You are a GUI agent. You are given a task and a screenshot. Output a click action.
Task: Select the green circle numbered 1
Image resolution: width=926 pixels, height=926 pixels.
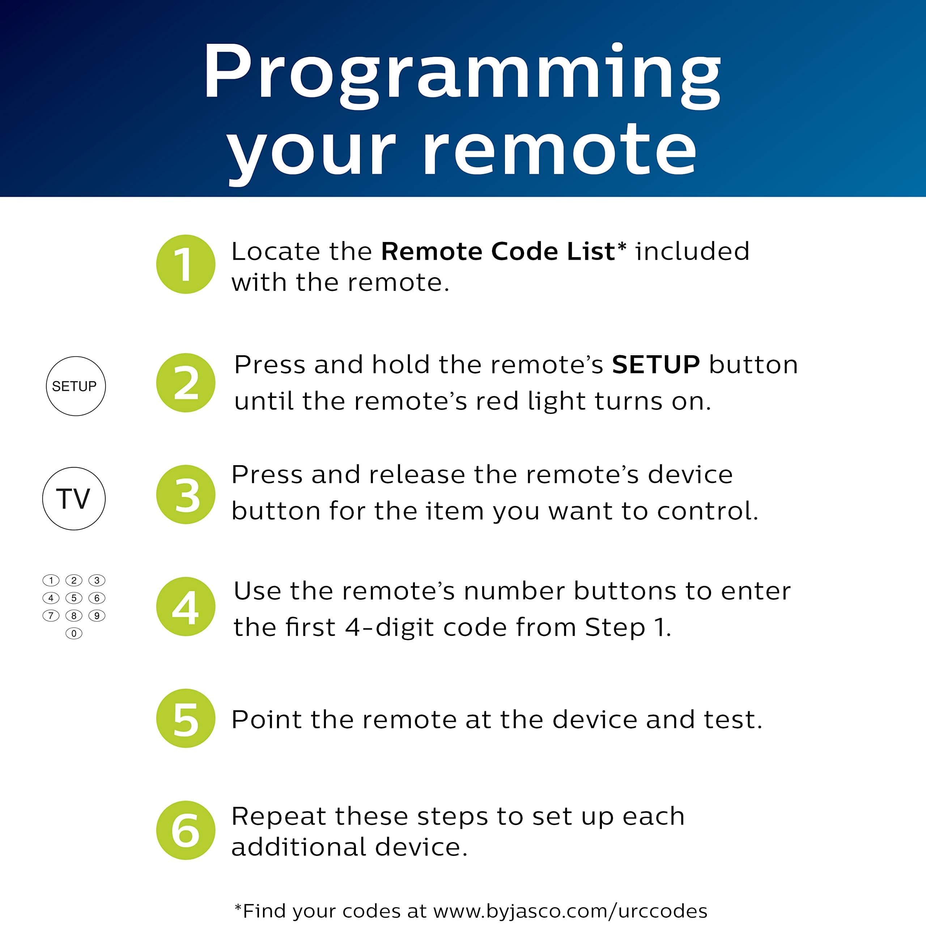point(186,264)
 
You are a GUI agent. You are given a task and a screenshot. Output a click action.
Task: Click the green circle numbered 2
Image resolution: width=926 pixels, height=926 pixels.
point(186,382)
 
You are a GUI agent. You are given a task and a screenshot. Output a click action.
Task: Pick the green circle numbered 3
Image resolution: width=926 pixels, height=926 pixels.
point(186,494)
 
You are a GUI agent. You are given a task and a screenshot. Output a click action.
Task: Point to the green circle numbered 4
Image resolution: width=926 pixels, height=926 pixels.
point(186,606)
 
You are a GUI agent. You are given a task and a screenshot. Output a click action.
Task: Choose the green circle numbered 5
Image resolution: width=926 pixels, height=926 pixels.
point(186,718)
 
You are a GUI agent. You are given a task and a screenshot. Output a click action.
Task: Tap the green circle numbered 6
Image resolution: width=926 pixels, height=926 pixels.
point(186,830)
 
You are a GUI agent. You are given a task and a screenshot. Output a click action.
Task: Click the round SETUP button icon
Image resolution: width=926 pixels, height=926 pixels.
point(75,386)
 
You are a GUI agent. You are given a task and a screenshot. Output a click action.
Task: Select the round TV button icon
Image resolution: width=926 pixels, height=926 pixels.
point(73,498)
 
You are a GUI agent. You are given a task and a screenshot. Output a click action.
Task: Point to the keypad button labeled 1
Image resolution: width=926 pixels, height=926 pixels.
point(51,581)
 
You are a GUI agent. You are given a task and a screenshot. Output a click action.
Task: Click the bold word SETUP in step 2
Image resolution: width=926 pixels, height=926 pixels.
point(656,365)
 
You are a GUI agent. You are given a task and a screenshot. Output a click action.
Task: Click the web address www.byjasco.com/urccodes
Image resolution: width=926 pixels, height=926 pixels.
point(570,911)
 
